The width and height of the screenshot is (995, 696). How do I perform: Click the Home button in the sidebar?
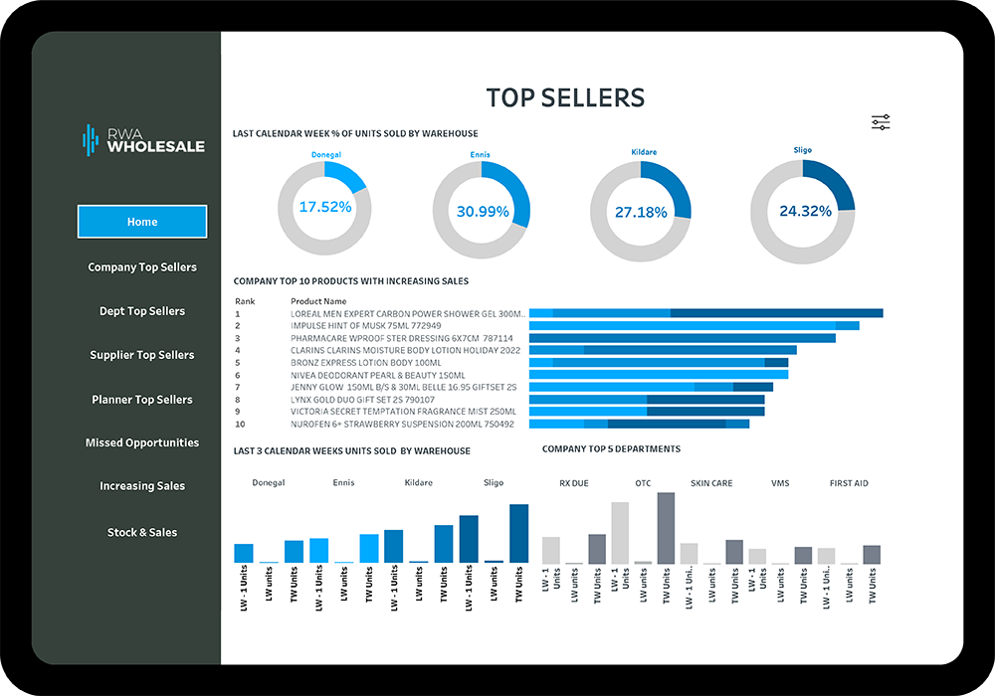pos(142,222)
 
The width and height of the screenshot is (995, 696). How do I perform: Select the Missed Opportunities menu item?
pos(142,442)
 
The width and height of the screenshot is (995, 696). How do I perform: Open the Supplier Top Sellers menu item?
pos(142,355)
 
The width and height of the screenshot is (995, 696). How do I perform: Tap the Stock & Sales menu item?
pos(142,532)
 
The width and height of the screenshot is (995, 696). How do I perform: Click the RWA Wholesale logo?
pos(143,140)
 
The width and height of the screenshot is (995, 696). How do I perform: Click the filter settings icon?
pos(881,122)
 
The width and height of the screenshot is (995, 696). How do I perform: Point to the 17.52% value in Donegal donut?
pos(325,207)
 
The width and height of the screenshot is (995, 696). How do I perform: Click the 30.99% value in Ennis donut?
pos(483,211)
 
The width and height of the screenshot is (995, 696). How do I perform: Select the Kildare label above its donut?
pos(644,152)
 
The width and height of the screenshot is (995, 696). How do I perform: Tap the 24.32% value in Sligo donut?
pos(805,211)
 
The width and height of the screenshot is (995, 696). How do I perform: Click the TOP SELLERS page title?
pos(565,97)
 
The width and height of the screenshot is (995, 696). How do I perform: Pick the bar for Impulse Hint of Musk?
pos(694,325)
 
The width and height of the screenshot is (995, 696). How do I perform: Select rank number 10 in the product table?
pos(240,424)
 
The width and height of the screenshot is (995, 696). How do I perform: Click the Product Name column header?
pos(318,301)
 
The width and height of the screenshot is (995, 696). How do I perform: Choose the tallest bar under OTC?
pos(666,528)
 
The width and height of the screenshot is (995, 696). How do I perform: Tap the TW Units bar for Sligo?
pos(518,534)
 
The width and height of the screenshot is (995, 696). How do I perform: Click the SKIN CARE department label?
pos(711,483)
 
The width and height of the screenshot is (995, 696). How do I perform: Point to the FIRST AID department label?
pos(849,483)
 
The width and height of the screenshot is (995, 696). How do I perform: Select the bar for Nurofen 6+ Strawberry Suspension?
pos(639,424)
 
